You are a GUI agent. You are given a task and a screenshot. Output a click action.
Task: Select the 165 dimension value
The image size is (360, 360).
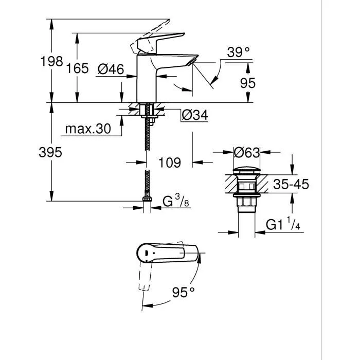point(77,68)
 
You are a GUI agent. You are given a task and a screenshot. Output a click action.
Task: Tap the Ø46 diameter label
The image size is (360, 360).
point(111,68)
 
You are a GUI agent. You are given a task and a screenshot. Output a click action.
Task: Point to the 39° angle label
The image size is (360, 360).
point(238,52)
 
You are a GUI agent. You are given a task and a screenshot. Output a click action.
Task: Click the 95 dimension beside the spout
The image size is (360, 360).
point(247,83)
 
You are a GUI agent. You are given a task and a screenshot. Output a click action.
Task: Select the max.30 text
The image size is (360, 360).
point(88,129)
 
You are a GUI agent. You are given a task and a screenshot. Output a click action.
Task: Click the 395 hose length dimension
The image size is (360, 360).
point(51,152)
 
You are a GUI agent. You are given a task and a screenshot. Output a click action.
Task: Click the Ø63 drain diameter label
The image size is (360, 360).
point(246,152)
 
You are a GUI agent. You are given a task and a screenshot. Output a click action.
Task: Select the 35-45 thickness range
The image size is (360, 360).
point(291,184)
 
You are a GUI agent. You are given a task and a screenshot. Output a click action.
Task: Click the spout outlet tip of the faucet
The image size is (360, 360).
point(193,61)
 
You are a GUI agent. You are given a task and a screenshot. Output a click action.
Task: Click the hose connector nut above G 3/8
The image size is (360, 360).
point(147,200)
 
